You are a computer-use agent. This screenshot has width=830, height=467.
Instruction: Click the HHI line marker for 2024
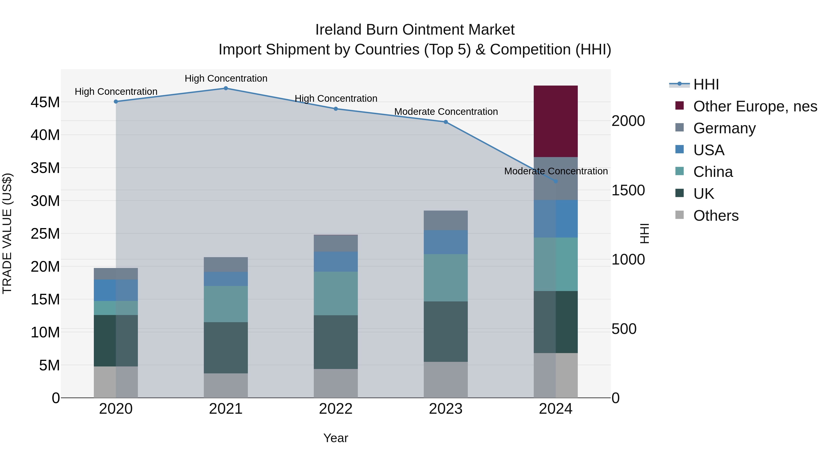555,181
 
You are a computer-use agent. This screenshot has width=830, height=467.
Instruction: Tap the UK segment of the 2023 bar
446,331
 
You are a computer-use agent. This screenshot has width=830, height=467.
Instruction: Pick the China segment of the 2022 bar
335,293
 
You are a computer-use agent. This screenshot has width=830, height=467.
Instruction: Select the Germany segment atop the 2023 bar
446,220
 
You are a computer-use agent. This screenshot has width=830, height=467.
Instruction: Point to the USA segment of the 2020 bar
116,290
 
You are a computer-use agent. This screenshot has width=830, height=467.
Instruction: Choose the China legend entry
713,172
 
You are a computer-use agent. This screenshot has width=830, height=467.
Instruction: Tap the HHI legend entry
706,84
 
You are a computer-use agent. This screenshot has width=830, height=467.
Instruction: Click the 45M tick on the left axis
45,102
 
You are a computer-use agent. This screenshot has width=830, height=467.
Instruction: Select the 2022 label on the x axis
335,409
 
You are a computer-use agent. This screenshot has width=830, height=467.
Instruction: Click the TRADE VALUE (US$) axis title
7,233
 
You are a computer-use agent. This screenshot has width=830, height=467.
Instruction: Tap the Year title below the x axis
335,438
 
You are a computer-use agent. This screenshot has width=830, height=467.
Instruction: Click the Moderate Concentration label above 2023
446,112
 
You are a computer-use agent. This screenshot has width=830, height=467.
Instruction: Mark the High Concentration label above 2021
226,78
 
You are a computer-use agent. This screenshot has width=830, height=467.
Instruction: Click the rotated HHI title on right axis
644,233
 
